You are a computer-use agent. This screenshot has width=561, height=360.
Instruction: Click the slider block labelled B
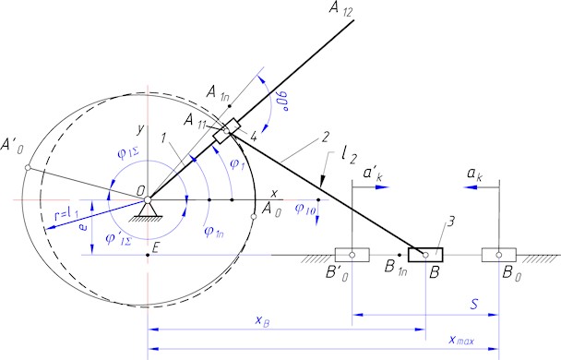tap(425, 253)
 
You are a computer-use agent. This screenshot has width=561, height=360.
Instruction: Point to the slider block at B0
tap(498, 253)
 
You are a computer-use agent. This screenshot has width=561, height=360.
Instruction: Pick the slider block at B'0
tap(353, 253)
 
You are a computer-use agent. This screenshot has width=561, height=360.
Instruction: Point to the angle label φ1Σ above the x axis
tap(127, 153)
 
